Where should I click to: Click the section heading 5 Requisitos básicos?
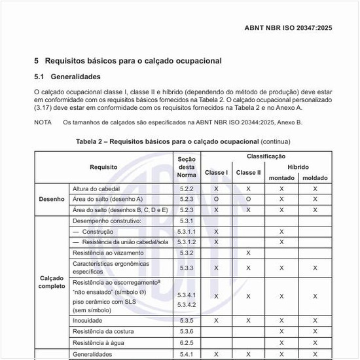(x=128, y=61)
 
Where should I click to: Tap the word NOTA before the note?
(x=43, y=122)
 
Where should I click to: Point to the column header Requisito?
(x=103, y=167)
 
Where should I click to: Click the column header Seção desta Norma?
(x=187, y=167)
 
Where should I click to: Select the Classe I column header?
(x=216, y=173)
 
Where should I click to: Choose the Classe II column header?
(x=248, y=173)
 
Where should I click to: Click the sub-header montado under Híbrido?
(x=281, y=178)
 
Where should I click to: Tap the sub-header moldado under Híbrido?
(x=315, y=178)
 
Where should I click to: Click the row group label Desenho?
(x=52, y=199)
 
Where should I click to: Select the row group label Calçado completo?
(x=52, y=281)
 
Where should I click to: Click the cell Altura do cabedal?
(x=98, y=189)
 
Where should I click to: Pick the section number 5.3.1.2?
(x=187, y=242)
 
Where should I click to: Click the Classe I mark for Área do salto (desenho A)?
(x=216, y=199)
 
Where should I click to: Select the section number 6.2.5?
(x=187, y=342)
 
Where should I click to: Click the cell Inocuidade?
(x=87, y=321)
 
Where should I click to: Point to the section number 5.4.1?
(x=187, y=354)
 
